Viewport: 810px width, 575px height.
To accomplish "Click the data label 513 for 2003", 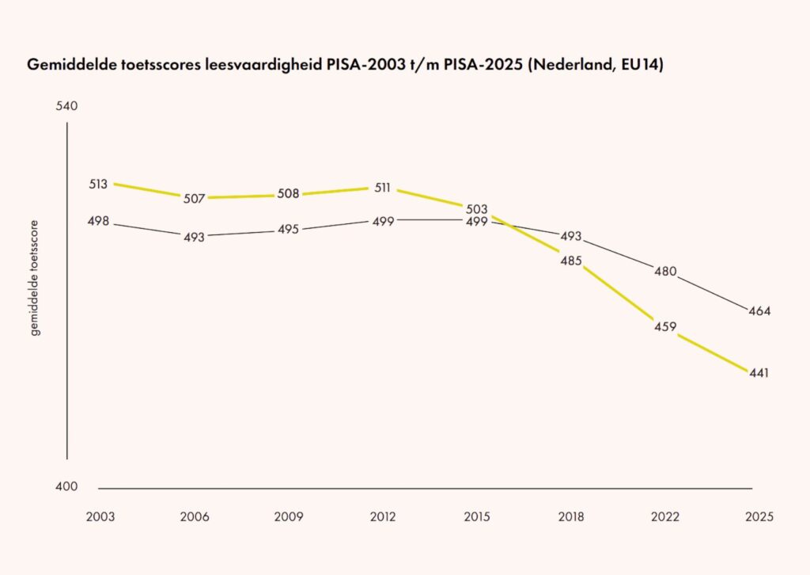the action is click(98, 184).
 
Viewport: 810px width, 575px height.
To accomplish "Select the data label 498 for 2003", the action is click(98, 221).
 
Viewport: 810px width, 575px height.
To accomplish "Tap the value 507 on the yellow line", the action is click(195, 199).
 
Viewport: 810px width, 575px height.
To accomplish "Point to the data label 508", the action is click(288, 193).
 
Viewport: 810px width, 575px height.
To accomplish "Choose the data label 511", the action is click(382, 188).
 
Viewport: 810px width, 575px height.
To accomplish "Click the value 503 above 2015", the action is click(476, 209).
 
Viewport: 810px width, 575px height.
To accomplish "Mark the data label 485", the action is click(571, 261).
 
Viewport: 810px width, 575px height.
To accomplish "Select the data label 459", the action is click(664, 327).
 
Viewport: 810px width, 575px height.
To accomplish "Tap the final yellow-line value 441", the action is click(759, 373).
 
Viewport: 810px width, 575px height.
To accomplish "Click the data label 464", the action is click(759, 311).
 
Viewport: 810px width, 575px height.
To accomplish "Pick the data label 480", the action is click(665, 272).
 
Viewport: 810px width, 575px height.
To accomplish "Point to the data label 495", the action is click(288, 230).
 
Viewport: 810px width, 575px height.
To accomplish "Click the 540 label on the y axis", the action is click(66, 106).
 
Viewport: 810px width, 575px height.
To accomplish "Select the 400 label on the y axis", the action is click(66, 486).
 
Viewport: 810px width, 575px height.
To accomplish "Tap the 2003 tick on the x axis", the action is click(100, 516).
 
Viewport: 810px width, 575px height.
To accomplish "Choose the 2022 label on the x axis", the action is click(664, 516).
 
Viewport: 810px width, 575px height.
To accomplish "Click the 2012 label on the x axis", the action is click(383, 516).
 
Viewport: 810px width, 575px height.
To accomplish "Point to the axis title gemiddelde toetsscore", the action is click(35, 278).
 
